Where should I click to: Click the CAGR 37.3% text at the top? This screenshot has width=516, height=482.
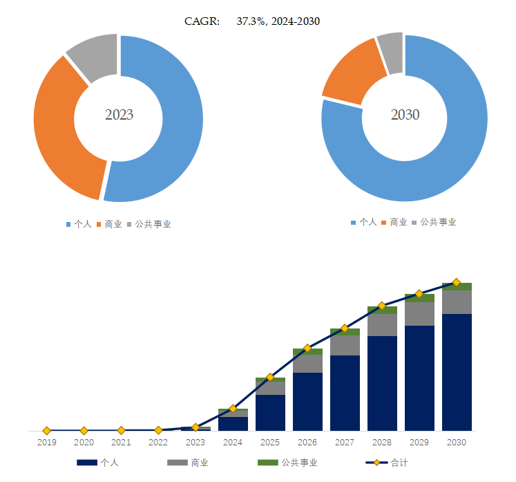[252, 21]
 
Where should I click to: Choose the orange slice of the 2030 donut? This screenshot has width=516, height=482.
[351, 77]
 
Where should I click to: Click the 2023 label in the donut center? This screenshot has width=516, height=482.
[119, 115]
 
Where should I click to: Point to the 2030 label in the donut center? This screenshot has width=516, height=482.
[405, 115]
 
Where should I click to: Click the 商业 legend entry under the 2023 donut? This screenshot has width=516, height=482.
[113, 224]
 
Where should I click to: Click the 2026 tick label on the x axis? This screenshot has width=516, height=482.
[307, 442]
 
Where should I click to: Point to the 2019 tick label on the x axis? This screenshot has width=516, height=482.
[46, 442]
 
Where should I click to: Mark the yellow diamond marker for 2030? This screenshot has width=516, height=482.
[456, 282]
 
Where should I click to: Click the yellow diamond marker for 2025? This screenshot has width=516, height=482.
[270, 378]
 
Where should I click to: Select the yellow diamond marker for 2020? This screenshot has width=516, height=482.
[84, 430]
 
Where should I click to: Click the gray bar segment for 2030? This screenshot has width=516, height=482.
[456, 302]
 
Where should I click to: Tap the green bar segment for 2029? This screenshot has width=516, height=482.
[419, 298]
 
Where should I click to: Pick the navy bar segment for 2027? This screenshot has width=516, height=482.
[345, 392]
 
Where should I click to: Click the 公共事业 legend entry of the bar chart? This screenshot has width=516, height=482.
[299, 463]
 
